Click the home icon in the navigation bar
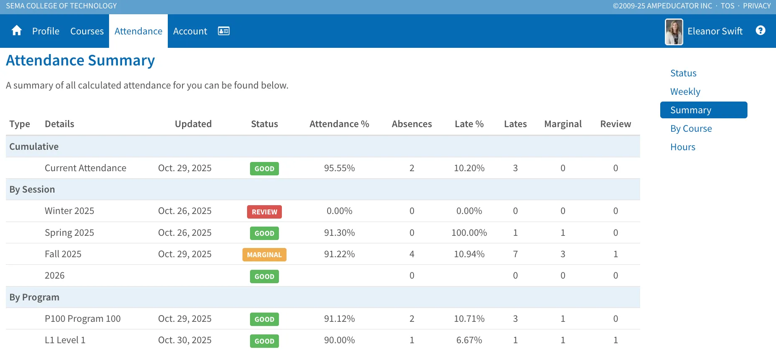(17, 31)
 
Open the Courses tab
(87, 31)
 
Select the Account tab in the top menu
(190, 31)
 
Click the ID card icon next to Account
(224, 31)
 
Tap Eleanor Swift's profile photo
(674, 31)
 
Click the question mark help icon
(760, 30)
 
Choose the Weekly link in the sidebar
(685, 91)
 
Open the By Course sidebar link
(691, 128)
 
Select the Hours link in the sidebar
(683, 147)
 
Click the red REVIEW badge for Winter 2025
(264, 212)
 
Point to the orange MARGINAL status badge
(264, 255)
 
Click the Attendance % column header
(339, 124)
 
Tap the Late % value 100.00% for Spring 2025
(469, 232)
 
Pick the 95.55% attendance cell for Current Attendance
(339, 168)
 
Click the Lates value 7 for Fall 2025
(515, 254)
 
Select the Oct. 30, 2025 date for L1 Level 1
(185, 340)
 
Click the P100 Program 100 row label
(83, 318)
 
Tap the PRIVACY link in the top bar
(757, 6)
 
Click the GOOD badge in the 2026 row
(264, 277)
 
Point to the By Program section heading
(34, 297)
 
